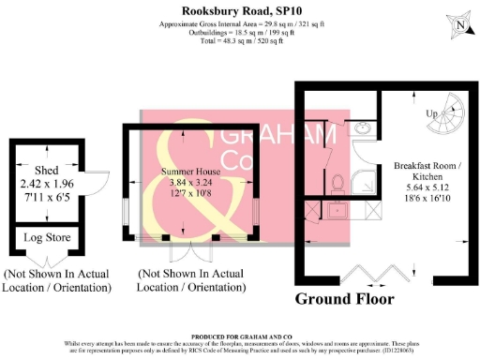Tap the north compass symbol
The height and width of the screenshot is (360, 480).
click(x=457, y=27)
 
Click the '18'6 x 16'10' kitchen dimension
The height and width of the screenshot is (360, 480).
click(x=424, y=187)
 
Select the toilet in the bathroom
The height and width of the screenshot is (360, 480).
click(x=338, y=181)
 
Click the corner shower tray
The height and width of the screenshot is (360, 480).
click(x=365, y=177)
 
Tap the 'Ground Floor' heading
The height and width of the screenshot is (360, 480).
click(x=345, y=299)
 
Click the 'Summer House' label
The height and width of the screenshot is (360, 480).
click(x=193, y=172)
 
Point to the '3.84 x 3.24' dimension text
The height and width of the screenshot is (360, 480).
click(x=193, y=184)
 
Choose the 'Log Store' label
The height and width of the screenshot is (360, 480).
click(x=46, y=238)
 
